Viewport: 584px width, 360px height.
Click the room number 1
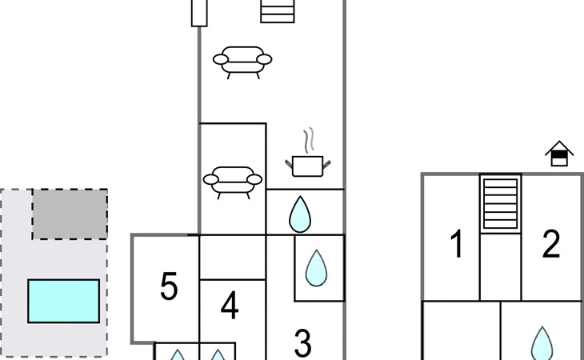pyautogui.click(x=457, y=243)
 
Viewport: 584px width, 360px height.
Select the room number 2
pyautogui.click(x=551, y=243)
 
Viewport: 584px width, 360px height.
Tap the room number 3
pyautogui.click(x=302, y=343)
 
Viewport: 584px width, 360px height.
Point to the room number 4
pyautogui.click(x=230, y=306)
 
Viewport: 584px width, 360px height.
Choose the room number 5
pyautogui.click(x=169, y=286)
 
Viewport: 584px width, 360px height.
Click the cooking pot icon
pyautogui.click(x=308, y=166)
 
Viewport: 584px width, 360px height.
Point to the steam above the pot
pyautogui.click(x=309, y=140)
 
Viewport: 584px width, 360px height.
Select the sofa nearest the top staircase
pyautogui.click(x=242, y=62)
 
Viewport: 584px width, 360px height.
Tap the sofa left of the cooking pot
pyautogui.click(x=233, y=182)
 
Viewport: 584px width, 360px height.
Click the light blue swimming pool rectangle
pyautogui.click(x=64, y=301)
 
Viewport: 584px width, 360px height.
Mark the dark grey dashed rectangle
pyautogui.click(x=70, y=214)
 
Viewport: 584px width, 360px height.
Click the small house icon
pyautogui.click(x=559, y=154)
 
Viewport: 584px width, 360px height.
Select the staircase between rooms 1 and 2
pyautogui.click(x=500, y=204)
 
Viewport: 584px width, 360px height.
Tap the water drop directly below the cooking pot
pyautogui.click(x=300, y=214)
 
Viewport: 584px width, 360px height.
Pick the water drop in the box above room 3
pyautogui.click(x=316, y=268)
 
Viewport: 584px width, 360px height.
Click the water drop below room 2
pyautogui.click(x=542, y=344)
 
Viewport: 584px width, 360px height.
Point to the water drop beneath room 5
pyautogui.click(x=178, y=354)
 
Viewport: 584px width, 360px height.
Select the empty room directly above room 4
pyautogui.click(x=233, y=258)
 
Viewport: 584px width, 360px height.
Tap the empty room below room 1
pyautogui.click(x=462, y=330)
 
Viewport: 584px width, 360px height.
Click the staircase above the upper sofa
pyautogui.click(x=278, y=11)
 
